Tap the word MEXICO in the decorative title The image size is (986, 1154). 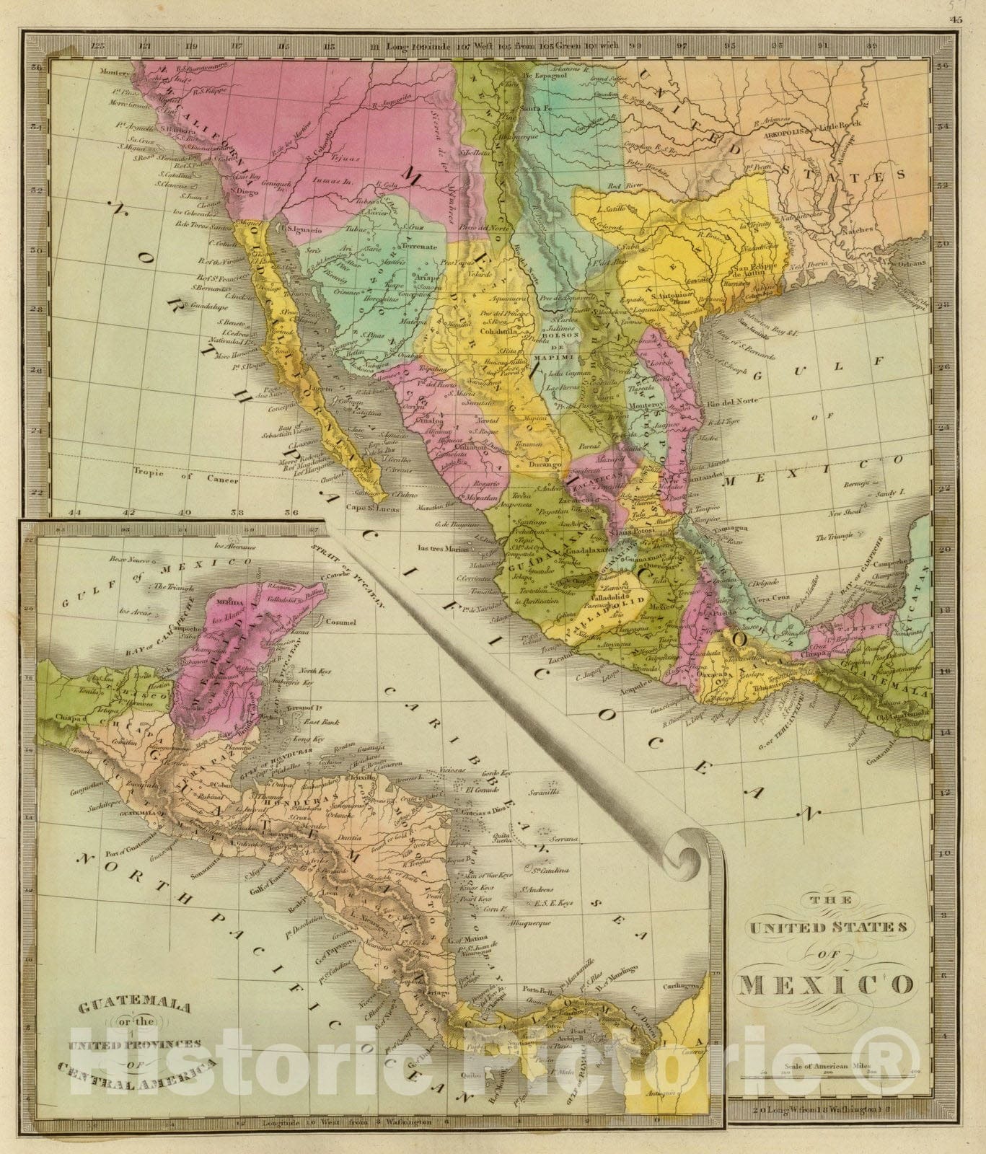824,984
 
